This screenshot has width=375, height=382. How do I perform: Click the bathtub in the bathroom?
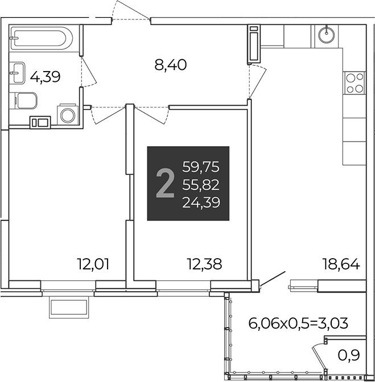click(41, 38)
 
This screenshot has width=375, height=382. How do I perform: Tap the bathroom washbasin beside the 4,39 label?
click(17, 73)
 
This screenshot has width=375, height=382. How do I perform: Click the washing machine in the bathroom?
click(68, 114)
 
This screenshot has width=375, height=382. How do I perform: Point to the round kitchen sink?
click(326, 36)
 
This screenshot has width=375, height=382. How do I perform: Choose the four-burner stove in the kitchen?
click(355, 83)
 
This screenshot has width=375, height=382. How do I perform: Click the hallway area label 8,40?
click(171, 65)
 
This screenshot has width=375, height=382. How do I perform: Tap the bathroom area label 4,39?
click(45, 77)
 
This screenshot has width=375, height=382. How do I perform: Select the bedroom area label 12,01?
click(93, 264)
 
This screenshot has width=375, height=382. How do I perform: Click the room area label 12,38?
click(204, 264)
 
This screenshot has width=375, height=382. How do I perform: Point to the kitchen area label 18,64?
click(341, 264)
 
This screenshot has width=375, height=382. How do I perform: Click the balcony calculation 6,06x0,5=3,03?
click(298, 324)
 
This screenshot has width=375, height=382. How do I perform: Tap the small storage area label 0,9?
click(349, 355)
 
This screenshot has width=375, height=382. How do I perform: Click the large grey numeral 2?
click(165, 184)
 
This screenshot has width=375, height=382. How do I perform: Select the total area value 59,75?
click(201, 167)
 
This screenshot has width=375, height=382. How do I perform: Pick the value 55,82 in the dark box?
click(201, 185)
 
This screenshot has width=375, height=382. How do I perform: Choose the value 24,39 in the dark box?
click(201, 202)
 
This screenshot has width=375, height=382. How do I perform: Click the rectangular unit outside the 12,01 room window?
click(69, 307)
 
